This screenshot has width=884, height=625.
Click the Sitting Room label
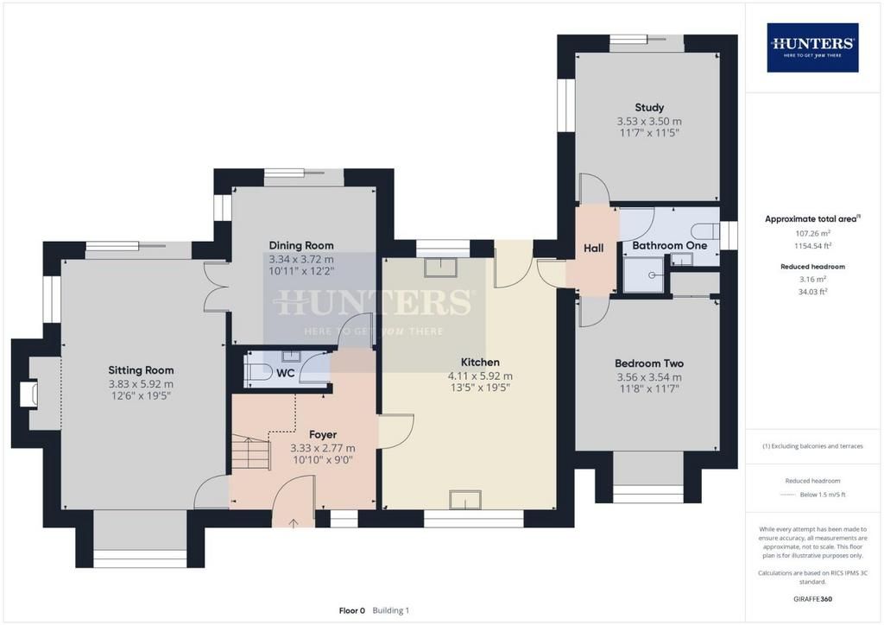click(x=141, y=370)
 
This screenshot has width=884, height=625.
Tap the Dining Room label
click(x=301, y=246)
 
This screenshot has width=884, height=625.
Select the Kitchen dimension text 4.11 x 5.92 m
click(x=480, y=376)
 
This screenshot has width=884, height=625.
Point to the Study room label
click(x=649, y=108)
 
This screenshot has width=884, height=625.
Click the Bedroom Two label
click(x=649, y=363)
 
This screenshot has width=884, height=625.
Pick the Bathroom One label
click(x=669, y=246)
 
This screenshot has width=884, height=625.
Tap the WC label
click(x=285, y=373)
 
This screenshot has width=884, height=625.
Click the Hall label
click(x=593, y=248)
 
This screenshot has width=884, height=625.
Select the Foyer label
click(x=323, y=434)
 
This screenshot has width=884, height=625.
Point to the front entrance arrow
click(x=294, y=523)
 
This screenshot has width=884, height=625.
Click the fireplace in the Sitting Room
click(x=28, y=394)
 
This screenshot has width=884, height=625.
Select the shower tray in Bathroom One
click(x=645, y=275)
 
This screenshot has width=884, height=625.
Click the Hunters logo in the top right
click(x=812, y=47)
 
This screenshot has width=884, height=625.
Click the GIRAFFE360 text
click(x=812, y=598)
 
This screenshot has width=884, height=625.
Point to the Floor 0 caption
click(x=352, y=610)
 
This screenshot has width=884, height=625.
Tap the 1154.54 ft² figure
click(x=812, y=246)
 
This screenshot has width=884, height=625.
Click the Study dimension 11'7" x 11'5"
click(x=649, y=133)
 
